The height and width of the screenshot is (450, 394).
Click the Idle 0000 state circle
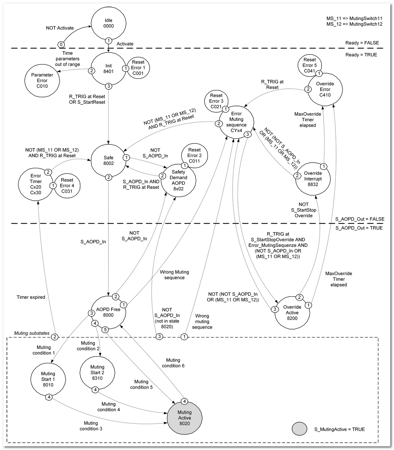point(109,23)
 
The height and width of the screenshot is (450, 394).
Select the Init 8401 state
point(109,69)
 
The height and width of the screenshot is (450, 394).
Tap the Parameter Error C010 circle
point(42,80)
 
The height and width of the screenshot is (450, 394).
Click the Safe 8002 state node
point(109,161)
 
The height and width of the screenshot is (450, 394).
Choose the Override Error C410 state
point(325,89)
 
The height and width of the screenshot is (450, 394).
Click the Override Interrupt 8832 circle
point(313,179)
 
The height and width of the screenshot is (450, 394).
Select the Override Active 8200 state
point(292,313)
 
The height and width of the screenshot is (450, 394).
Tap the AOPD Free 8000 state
point(109,312)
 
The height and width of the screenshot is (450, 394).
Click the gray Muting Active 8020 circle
point(185,418)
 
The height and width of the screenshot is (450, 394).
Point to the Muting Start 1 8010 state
point(48,379)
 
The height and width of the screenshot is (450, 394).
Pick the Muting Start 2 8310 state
point(97,373)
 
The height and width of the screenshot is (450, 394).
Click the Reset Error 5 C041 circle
point(310,65)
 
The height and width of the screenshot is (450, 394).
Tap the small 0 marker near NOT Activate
point(61,44)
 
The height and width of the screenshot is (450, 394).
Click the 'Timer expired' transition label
point(31,297)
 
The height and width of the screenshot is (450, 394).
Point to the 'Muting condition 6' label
point(173,363)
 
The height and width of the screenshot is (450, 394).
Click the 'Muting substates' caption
point(32,333)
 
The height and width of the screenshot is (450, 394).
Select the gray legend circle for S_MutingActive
point(300,429)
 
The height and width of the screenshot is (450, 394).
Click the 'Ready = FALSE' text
point(362,43)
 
